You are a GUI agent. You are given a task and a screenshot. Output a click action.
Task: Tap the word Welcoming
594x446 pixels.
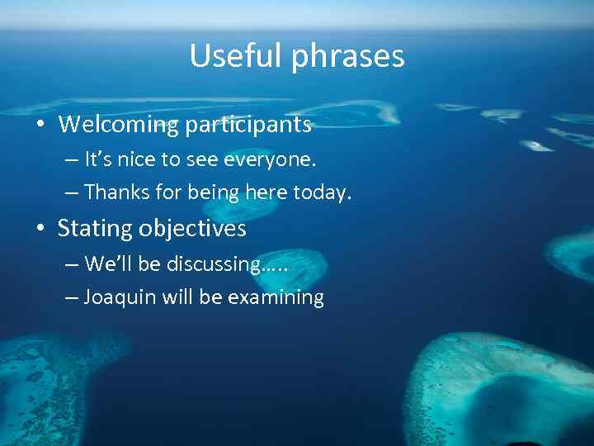pyautogui.click(x=118, y=125)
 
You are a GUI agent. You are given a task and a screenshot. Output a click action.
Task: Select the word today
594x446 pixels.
pyautogui.click(x=323, y=192)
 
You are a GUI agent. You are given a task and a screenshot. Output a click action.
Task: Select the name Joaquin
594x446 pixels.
pyautogui.click(x=120, y=298)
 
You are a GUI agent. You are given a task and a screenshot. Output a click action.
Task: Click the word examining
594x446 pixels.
pyautogui.click(x=276, y=298)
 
